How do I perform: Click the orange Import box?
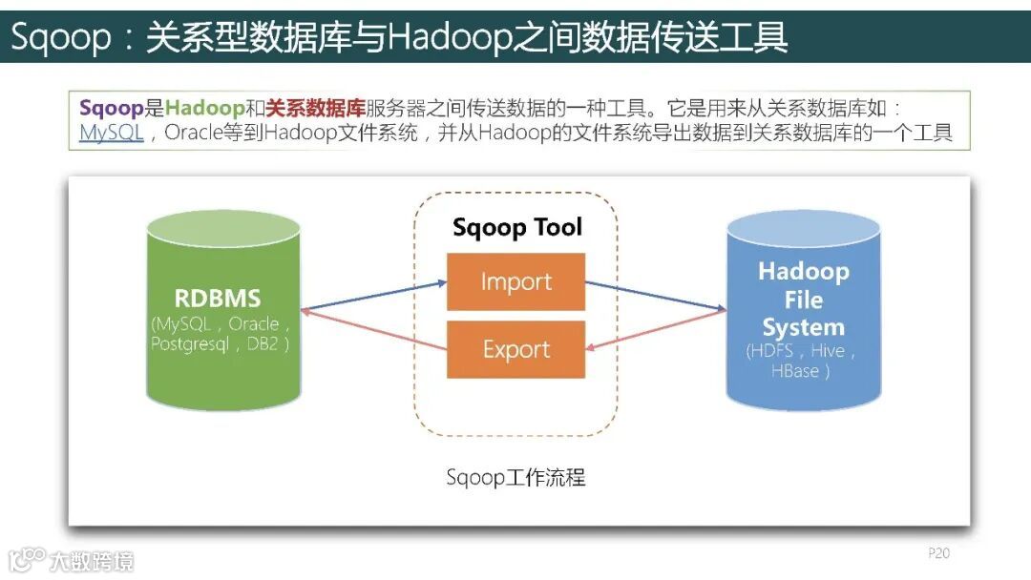coord(515,281)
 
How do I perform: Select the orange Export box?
coord(515,349)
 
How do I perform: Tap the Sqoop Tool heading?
coord(516,227)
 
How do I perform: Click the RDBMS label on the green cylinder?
coord(218,298)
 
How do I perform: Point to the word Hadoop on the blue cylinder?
coord(803,271)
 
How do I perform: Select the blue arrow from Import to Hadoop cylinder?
coord(655,296)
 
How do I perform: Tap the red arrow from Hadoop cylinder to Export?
coord(655,330)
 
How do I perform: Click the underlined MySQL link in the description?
coord(111,134)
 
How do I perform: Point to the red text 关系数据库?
coord(316,108)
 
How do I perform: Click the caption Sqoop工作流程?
coord(515,477)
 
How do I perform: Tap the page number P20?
coord(938,553)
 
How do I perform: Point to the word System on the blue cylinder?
coord(803,327)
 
